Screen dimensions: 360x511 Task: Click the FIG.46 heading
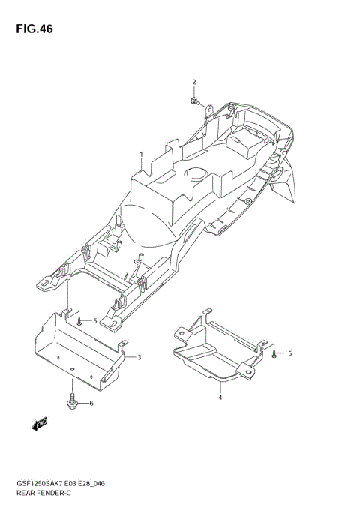pos(34,29)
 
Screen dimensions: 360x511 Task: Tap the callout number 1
pos(142,154)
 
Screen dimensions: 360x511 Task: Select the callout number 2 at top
pos(194,82)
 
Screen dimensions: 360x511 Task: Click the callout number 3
pos(139,357)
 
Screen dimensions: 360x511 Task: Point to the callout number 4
pos(220,397)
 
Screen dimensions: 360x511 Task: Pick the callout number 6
pos(91,404)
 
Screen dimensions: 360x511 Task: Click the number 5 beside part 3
pos(94,321)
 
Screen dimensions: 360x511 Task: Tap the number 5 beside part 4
pos(290,353)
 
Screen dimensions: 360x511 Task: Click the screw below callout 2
pos(194,101)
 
